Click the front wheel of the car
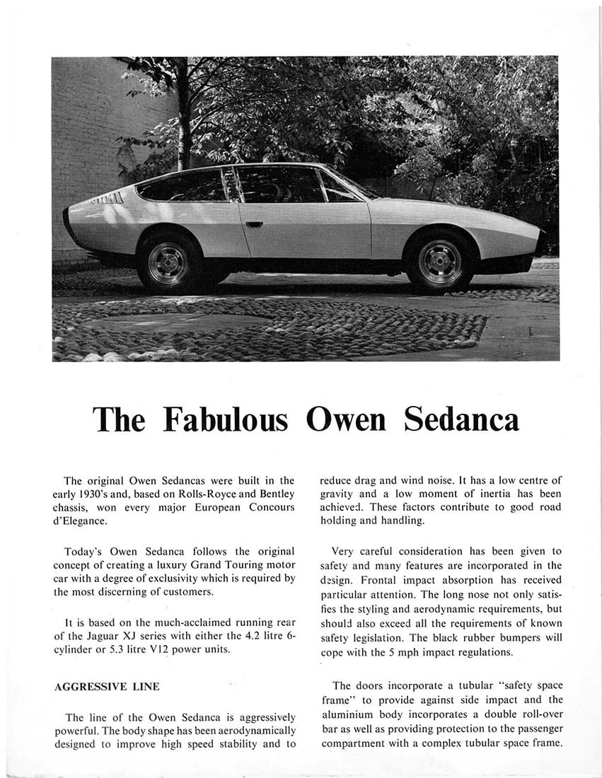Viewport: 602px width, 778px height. [x=440, y=262]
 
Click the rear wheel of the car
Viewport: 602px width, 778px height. [x=168, y=262]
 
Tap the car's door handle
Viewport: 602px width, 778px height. [x=254, y=224]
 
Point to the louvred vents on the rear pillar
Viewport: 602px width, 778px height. [x=108, y=198]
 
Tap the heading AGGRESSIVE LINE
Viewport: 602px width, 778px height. [x=106, y=686]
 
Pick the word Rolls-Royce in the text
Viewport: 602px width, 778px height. [x=192, y=493]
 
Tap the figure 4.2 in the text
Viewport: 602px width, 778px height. [x=228, y=636]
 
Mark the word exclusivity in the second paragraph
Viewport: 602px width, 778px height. [x=188, y=578]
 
